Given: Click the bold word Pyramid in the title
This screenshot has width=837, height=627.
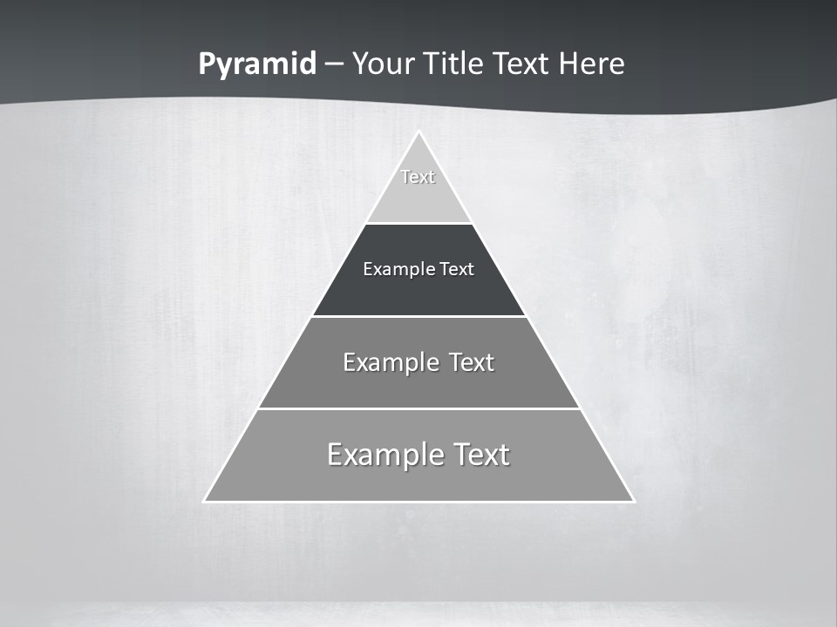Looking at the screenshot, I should tap(257, 64).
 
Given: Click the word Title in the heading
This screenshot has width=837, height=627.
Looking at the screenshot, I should tap(453, 64).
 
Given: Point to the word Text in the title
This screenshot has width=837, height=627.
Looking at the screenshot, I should tap(521, 64).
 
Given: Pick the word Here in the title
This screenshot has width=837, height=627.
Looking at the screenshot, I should tap(592, 64).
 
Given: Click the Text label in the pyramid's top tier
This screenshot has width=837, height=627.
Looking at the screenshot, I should tap(418, 177).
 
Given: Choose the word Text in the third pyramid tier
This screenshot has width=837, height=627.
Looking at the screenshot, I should tap(472, 362).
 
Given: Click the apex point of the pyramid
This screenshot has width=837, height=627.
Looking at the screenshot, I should tap(418, 132).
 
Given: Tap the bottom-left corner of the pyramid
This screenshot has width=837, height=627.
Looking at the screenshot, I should tap(205, 501).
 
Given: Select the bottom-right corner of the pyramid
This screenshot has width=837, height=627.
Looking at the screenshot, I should tap(633, 501).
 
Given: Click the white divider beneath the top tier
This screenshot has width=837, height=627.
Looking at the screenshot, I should tap(418, 224).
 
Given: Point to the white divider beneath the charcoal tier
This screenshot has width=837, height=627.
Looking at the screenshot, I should tap(418, 316).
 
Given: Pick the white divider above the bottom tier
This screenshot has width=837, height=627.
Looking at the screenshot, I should tap(418, 408).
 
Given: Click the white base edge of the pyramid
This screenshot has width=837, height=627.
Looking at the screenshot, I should tap(418, 502).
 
